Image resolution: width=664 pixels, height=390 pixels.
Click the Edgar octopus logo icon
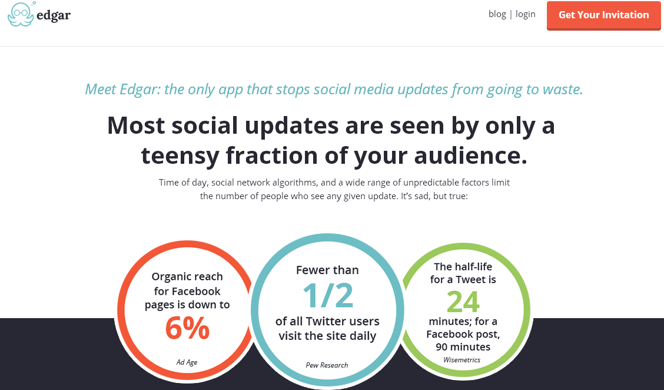[21, 14]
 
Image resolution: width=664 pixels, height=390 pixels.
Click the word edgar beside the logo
[54, 16]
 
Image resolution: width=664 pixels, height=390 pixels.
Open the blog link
[497, 14]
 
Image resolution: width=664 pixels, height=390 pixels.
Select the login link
[526, 14]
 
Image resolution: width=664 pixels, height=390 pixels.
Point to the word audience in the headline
[470, 155]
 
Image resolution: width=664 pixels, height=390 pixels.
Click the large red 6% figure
[187, 328]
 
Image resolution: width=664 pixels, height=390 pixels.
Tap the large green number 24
[463, 302]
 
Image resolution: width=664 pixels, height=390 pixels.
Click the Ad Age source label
[187, 362]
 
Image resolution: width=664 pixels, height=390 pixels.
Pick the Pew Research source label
[327, 365]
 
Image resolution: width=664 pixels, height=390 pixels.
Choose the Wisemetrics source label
[462, 360]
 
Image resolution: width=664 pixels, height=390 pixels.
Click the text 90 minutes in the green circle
[463, 347]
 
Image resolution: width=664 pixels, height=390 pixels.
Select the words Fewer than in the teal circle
[327, 270]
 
